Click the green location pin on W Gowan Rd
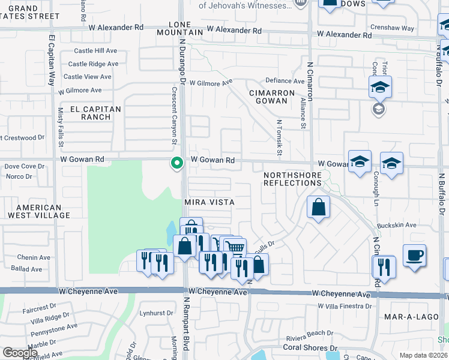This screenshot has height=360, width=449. tap(176, 163)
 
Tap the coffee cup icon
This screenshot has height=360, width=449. tap(414, 255)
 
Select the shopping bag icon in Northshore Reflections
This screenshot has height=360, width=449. tap(318, 208)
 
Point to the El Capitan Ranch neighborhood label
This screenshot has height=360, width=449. tap(95, 113)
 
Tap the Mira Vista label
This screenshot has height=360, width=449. tap(208, 203)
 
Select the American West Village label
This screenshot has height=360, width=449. tap(35, 211)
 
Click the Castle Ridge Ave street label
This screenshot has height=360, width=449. tap(93, 64)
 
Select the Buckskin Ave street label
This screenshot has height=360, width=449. tap(402, 225)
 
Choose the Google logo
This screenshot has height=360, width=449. tap(20, 353)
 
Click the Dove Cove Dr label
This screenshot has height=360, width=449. tap(25, 166)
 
